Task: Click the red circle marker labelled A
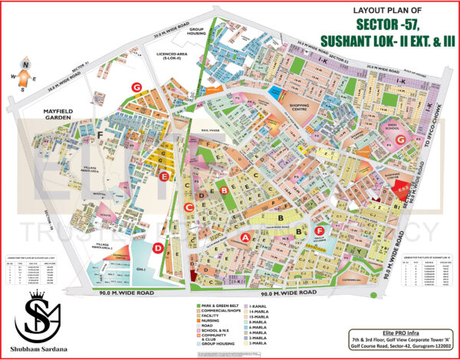click(x=246, y=238)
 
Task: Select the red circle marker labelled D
click(x=157, y=247)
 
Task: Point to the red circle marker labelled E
click(x=164, y=176)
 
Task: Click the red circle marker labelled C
click(x=189, y=208)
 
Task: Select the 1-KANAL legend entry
click(x=258, y=306)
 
